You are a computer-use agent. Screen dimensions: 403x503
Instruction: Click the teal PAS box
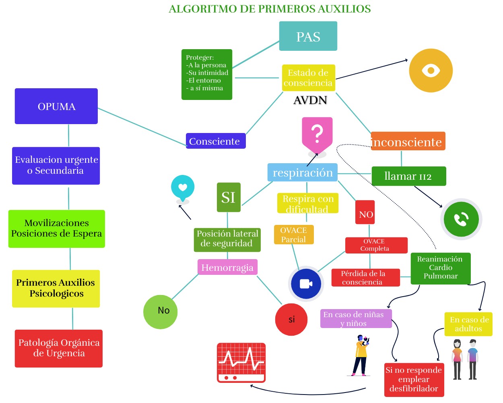[x=308, y=36]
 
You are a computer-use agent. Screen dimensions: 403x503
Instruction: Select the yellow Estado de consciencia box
[x=308, y=78]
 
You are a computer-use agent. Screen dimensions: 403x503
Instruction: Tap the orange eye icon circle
[x=431, y=71]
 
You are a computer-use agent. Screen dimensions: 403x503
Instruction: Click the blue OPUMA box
[x=56, y=106]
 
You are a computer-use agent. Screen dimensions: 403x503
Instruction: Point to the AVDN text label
[x=310, y=100]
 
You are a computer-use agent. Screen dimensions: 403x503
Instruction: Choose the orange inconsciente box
[x=408, y=141]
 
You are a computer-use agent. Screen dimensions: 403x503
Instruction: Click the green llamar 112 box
[x=408, y=176]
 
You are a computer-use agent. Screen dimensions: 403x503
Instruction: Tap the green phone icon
[x=461, y=219]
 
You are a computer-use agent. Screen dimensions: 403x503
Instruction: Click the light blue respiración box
[x=303, y=172]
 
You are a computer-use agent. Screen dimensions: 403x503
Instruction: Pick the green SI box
[x=229, y=197]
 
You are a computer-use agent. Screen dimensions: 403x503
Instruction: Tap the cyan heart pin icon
[x=183, y=188]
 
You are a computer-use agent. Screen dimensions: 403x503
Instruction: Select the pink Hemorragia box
[x=227, y=267]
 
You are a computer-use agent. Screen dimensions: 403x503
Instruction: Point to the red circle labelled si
[x=291, y=320]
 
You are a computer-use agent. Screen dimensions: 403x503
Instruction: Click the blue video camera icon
[x=306, y=284]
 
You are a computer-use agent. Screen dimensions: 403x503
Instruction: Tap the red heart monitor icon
[x=241, y=362]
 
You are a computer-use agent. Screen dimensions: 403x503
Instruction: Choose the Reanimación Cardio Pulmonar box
[x=440, y=268]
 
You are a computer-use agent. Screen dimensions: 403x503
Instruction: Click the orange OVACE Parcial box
[x=294, y=235]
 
